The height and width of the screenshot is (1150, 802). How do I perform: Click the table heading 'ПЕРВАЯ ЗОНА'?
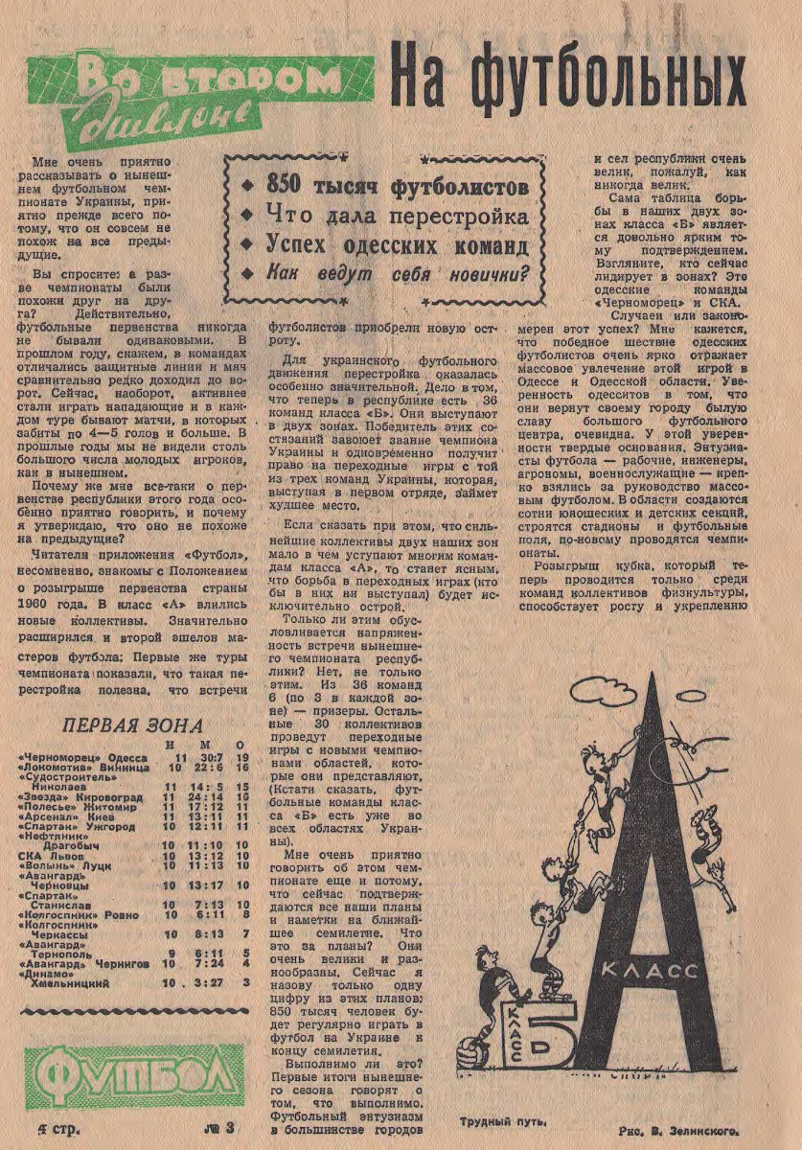(132, 724)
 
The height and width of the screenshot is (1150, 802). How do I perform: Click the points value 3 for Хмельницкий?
(247, 983)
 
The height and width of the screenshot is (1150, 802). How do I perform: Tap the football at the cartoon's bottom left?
(473, 1046)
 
